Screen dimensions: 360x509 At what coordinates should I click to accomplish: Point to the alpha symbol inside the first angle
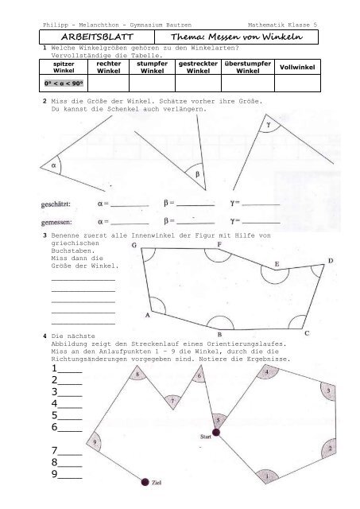point(54,166)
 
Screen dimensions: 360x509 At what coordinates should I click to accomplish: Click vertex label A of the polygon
point(146,315)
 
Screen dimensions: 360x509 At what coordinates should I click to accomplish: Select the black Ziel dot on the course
point(144,482)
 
